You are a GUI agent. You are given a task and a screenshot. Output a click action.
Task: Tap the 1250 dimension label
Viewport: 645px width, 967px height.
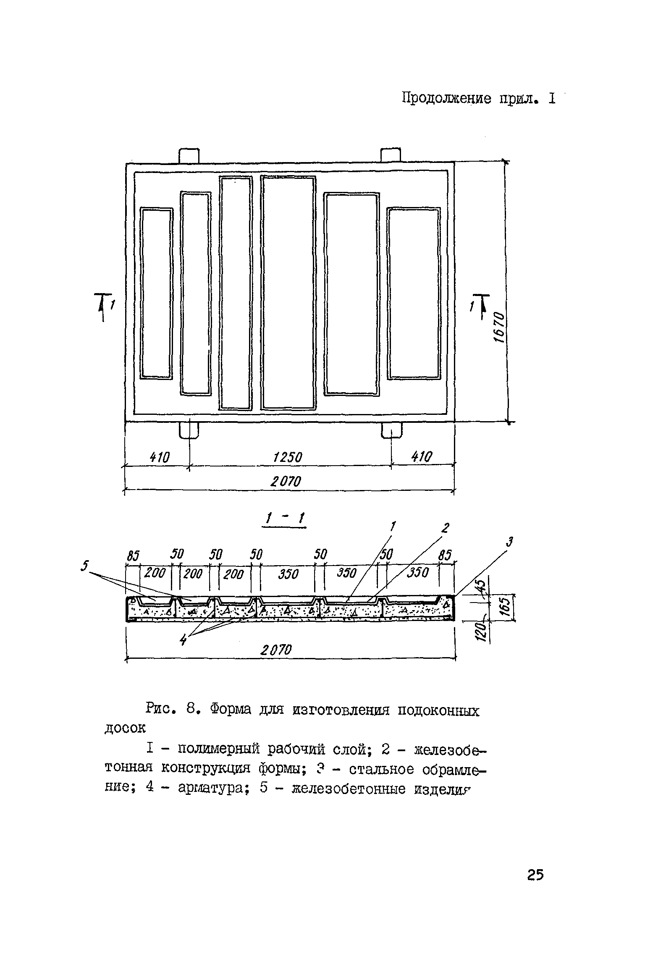point(288,457)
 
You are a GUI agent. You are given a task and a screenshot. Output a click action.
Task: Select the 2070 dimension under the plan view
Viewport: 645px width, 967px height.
point(286,482)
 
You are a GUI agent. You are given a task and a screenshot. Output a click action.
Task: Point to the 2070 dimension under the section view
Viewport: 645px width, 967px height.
point(275,650)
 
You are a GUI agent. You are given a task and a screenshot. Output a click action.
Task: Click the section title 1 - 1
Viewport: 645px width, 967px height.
point(283,520)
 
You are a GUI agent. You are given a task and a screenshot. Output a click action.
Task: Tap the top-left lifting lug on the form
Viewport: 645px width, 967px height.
point(189,155)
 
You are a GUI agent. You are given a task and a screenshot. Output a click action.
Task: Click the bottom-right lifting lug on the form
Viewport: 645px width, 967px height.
point(391,430)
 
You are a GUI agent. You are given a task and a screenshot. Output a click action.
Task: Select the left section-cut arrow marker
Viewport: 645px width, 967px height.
point(102,307)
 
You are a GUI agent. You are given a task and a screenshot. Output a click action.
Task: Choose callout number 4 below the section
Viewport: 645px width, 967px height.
point(183,640)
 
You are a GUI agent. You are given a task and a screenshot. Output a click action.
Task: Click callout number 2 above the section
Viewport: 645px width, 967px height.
point(446,527)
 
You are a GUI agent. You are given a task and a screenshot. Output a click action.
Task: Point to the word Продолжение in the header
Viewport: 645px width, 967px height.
point(447,98)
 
